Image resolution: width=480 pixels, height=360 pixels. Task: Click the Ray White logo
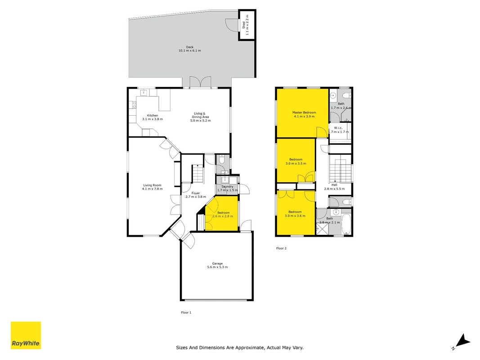pyautogui.click(x=26, y=335)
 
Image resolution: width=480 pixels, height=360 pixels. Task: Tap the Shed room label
pyautogui.click(x=244, y=25)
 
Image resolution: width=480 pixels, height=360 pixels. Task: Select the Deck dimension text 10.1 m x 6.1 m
pyautogui.click(x=190, y=50)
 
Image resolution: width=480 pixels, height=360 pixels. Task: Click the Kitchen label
pyautogui.click(x=153, y=115)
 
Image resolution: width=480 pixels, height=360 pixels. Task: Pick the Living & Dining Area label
pyautogui.click(x=201, y=115)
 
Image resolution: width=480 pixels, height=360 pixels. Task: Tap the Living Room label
pyautogui.click(x=152, y=185)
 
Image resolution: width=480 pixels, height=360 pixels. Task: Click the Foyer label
pyautogui.click(x=196, y=193)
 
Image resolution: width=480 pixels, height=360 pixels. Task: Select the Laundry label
pyautogui.click(x=228, y=186)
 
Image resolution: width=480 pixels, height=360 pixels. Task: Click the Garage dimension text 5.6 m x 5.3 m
pyautogui.click(x=217, y=267)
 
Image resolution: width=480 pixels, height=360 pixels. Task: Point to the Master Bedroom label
pyautogui.click(x=304, y=112)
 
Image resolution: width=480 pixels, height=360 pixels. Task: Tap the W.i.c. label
pyautogui.click(x=338, y=128)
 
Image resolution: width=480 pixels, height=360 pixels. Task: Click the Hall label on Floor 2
pyautogui.click(x=334, y=185)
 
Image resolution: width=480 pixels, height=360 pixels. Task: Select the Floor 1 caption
pyautogui.click(x=186, y=313)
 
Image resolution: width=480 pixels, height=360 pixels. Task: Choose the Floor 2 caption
pyautogui.click(x=281, y=248)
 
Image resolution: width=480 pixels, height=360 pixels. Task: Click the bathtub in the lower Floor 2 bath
pyautogui.click(x=346, y=225)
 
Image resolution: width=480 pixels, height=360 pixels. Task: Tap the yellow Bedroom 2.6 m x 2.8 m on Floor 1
pyautogui.click(x=222, y=213)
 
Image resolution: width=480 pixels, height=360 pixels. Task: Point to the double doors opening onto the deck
pyautogui.click(x=201, y=82)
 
